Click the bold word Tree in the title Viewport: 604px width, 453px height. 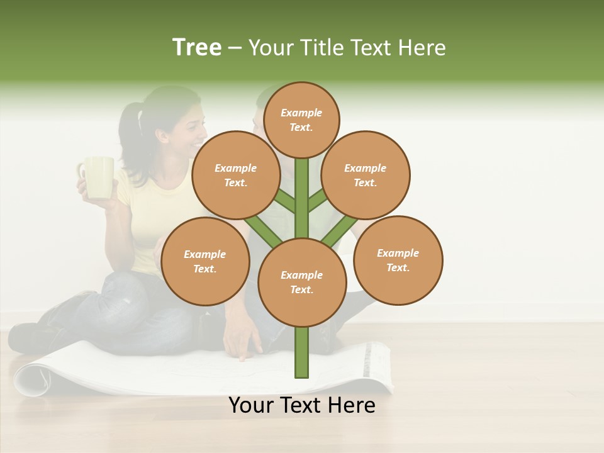197,47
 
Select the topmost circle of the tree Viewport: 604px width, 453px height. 301,120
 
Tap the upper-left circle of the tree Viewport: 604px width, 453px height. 236,175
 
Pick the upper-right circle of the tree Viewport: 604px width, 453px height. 366,175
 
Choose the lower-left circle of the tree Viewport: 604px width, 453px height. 205,261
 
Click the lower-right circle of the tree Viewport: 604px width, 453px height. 398,260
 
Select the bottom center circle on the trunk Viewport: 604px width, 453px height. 302,282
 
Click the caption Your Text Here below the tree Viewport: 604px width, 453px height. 302,405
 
